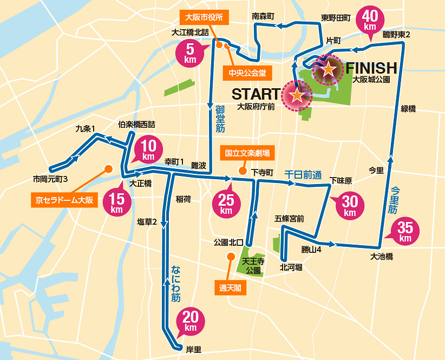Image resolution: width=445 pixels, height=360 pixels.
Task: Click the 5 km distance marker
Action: [190, 54]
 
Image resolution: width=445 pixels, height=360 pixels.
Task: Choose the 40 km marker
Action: [370, 21]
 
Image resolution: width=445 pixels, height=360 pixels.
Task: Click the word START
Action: [256, 94]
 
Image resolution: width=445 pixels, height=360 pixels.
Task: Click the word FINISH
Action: [372, 68]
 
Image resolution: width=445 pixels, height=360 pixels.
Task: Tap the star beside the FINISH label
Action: [328, 69]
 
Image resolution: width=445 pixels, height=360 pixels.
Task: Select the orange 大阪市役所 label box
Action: [207, 16]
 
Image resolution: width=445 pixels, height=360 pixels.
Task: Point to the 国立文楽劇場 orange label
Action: [247, 153]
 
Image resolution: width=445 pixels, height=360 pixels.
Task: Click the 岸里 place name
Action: [193, 350]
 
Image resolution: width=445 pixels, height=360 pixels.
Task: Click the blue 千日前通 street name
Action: [303, 175]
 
